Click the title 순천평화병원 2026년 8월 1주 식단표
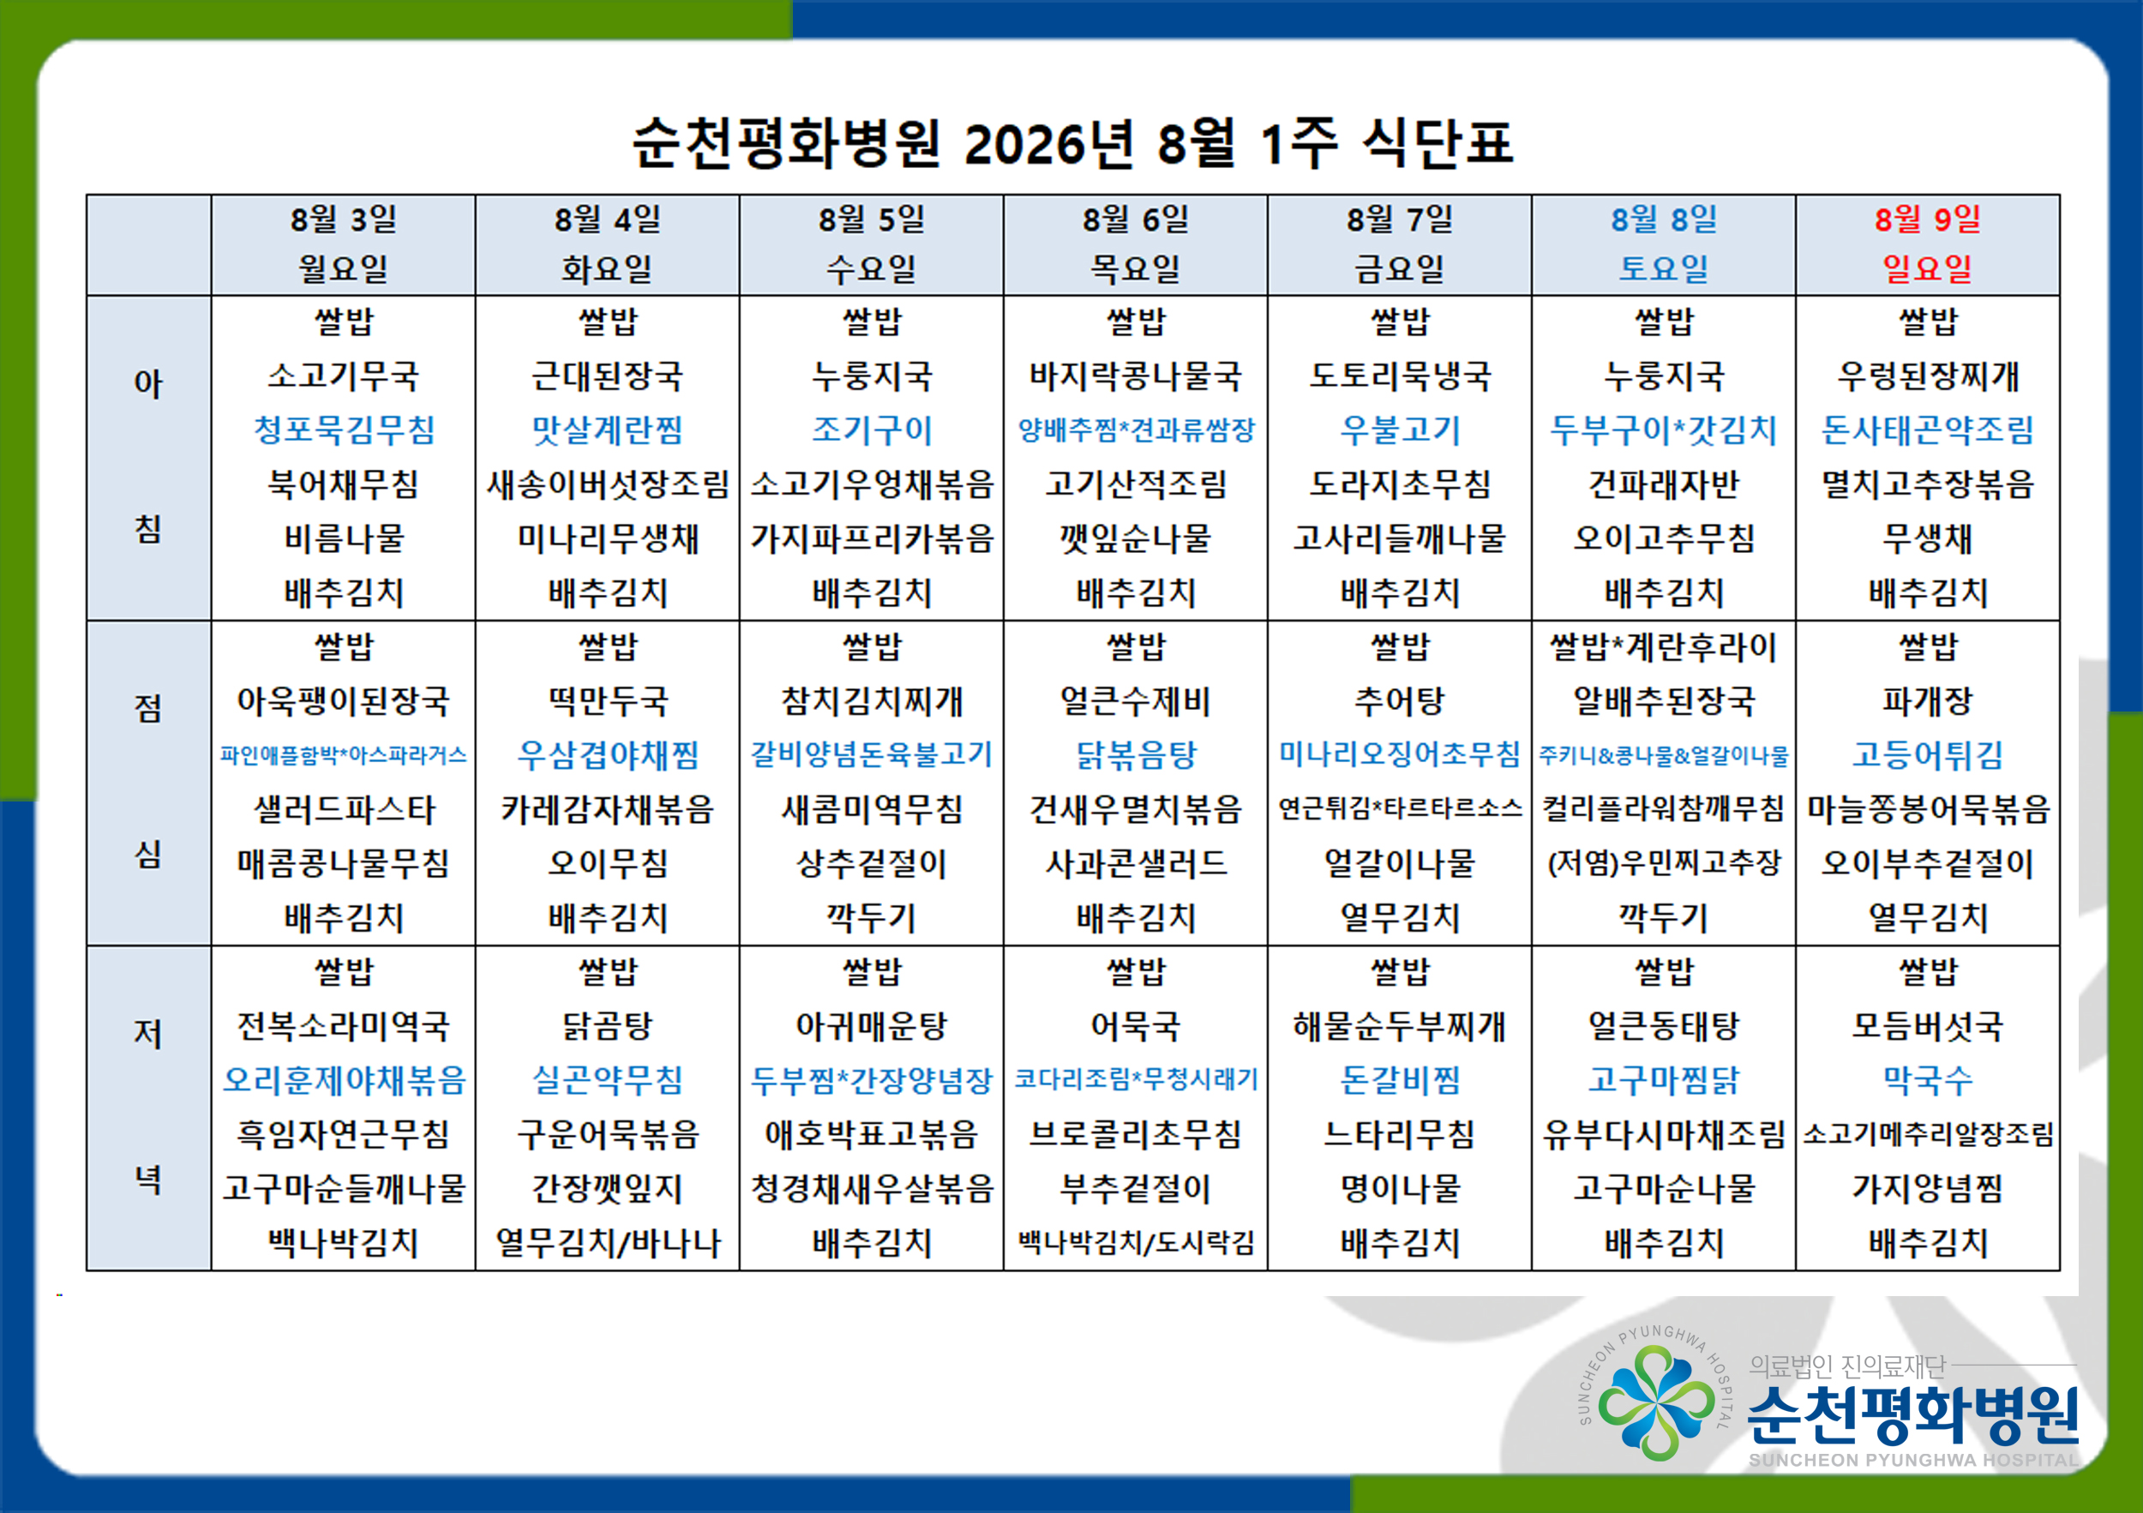(x=1072, y=143)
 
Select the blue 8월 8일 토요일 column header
(x=1663, y=244)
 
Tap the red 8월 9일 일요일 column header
(x=1927, y=244)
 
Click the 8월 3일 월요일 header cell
(x=344, y=244)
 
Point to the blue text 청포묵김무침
(x=344, y=429)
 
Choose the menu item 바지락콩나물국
(x=1135, y=375)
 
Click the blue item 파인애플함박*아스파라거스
(x=344, y=754)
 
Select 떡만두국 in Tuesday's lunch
(x=608, y=700)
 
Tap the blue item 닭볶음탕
(x=1135, y=754)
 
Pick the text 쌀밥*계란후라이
(x=1663, y=645)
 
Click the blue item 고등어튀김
(x=1927, y=754)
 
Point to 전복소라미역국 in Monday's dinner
(x=344, y=1026)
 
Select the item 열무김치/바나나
(x=608, y=1242)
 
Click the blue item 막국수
(x=1927, y=1080)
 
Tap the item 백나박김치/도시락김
(x=1135, y=1242)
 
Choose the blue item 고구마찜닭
(x=1663, y=1080)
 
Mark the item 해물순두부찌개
(x=1399, y=1026)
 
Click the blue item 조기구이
(x=872, y=429)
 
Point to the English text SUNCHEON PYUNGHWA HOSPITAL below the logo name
(x=1913, y=1460)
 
